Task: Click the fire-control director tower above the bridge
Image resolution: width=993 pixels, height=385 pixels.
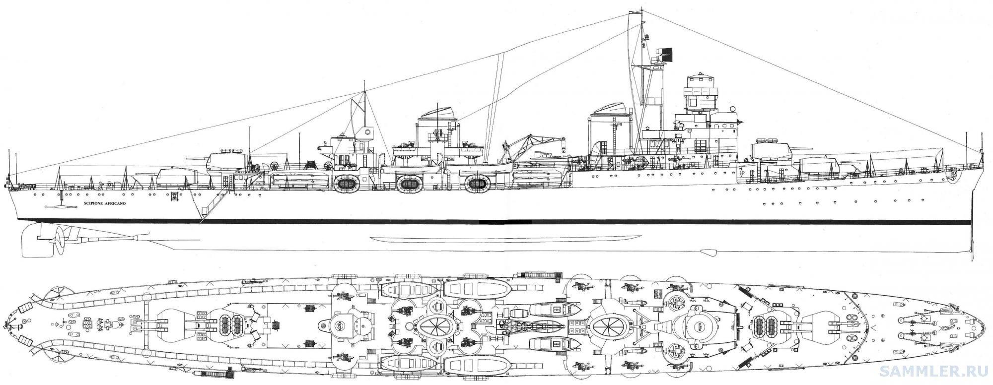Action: point(700,92)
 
